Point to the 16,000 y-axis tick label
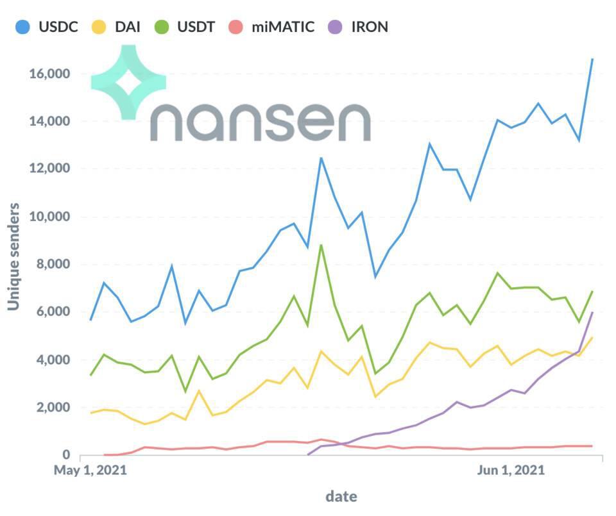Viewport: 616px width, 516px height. [49, 74]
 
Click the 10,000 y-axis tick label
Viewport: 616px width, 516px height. [49, 217]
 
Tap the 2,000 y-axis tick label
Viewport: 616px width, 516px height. [52, 408]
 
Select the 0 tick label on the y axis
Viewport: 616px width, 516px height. [65, 455]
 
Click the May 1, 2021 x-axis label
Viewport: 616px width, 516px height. [90, 471]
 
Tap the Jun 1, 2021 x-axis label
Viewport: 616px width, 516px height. [511, 471]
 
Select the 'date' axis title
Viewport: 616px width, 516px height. [341, 496]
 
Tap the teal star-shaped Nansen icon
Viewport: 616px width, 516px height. [128, 82]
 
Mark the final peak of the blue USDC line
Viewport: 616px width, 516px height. [592, 59]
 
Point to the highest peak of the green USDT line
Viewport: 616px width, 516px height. [321, 245]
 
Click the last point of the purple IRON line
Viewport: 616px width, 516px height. [592, 312]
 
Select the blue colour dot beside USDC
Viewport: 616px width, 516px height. [24, 27]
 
